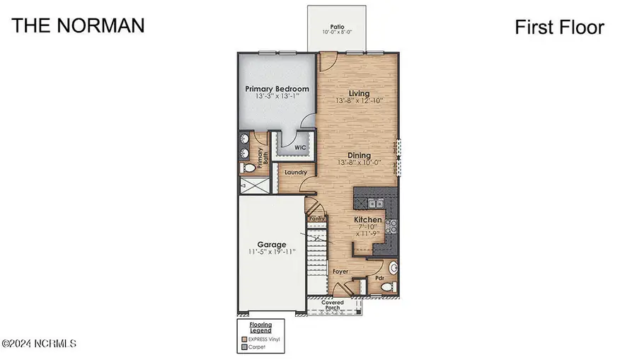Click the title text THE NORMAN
pos(79,26)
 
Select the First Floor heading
pos(558,28)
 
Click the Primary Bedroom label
pos(277,89)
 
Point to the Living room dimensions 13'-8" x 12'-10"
pos(360,101)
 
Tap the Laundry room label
pos(294,172)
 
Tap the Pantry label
pos(316,219)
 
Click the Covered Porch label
pos(333,305)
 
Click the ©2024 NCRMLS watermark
pos(39,344)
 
